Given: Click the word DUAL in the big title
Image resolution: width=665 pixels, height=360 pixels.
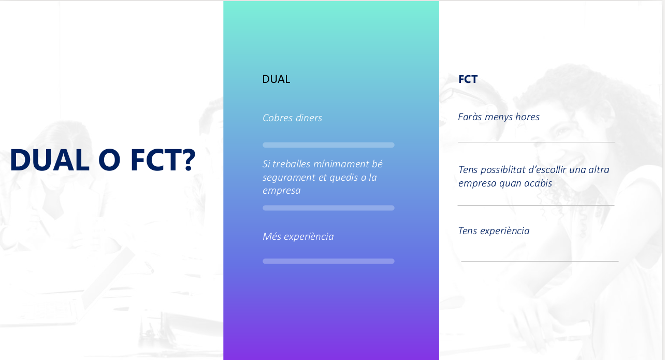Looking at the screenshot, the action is [x=50, y=160].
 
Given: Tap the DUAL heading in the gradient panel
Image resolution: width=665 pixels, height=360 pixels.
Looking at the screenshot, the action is [x=276, y=79].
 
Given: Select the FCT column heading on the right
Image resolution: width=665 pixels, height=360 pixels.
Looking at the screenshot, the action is [x=468, y=79].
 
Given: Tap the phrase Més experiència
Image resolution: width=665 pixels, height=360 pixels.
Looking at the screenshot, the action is [x=298, y=237].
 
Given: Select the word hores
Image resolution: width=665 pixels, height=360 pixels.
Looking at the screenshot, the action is [x=528, y=117].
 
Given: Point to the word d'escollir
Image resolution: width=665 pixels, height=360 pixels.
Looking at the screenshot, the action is [x=547, y=169].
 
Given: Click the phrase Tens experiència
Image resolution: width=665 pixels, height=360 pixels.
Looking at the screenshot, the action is [x=494, y=231].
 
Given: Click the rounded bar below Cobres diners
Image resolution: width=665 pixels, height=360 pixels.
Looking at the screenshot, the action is [x=329, y=145].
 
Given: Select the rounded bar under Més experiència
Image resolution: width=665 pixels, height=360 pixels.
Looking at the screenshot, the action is [x=329, y=261].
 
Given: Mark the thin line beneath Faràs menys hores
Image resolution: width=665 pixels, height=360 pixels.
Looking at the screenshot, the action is [x=537, y=142].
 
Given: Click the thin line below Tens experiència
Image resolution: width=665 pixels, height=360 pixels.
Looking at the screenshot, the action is [x=540, y=262].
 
